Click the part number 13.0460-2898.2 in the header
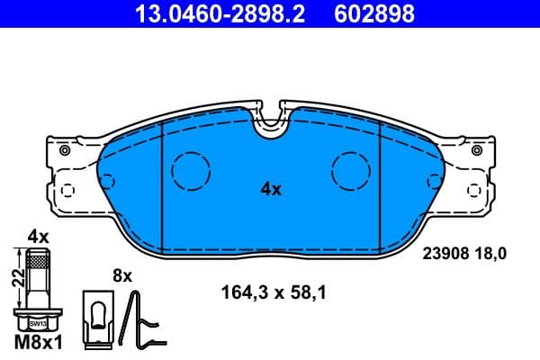pyautogui.click(x=204, y=13)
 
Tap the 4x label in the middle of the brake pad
pyautogui.click(x=271, y=189)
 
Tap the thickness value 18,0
pyautogui.click(x=491, y=255)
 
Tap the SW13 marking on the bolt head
pyautogui.click(x=37, y=321)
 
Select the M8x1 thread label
pyautogui.click(x=37, y=343)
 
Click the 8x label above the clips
pyautogui.click(x=122, y=275)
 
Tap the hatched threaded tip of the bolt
pyautogui.click(x=37, y=262)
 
